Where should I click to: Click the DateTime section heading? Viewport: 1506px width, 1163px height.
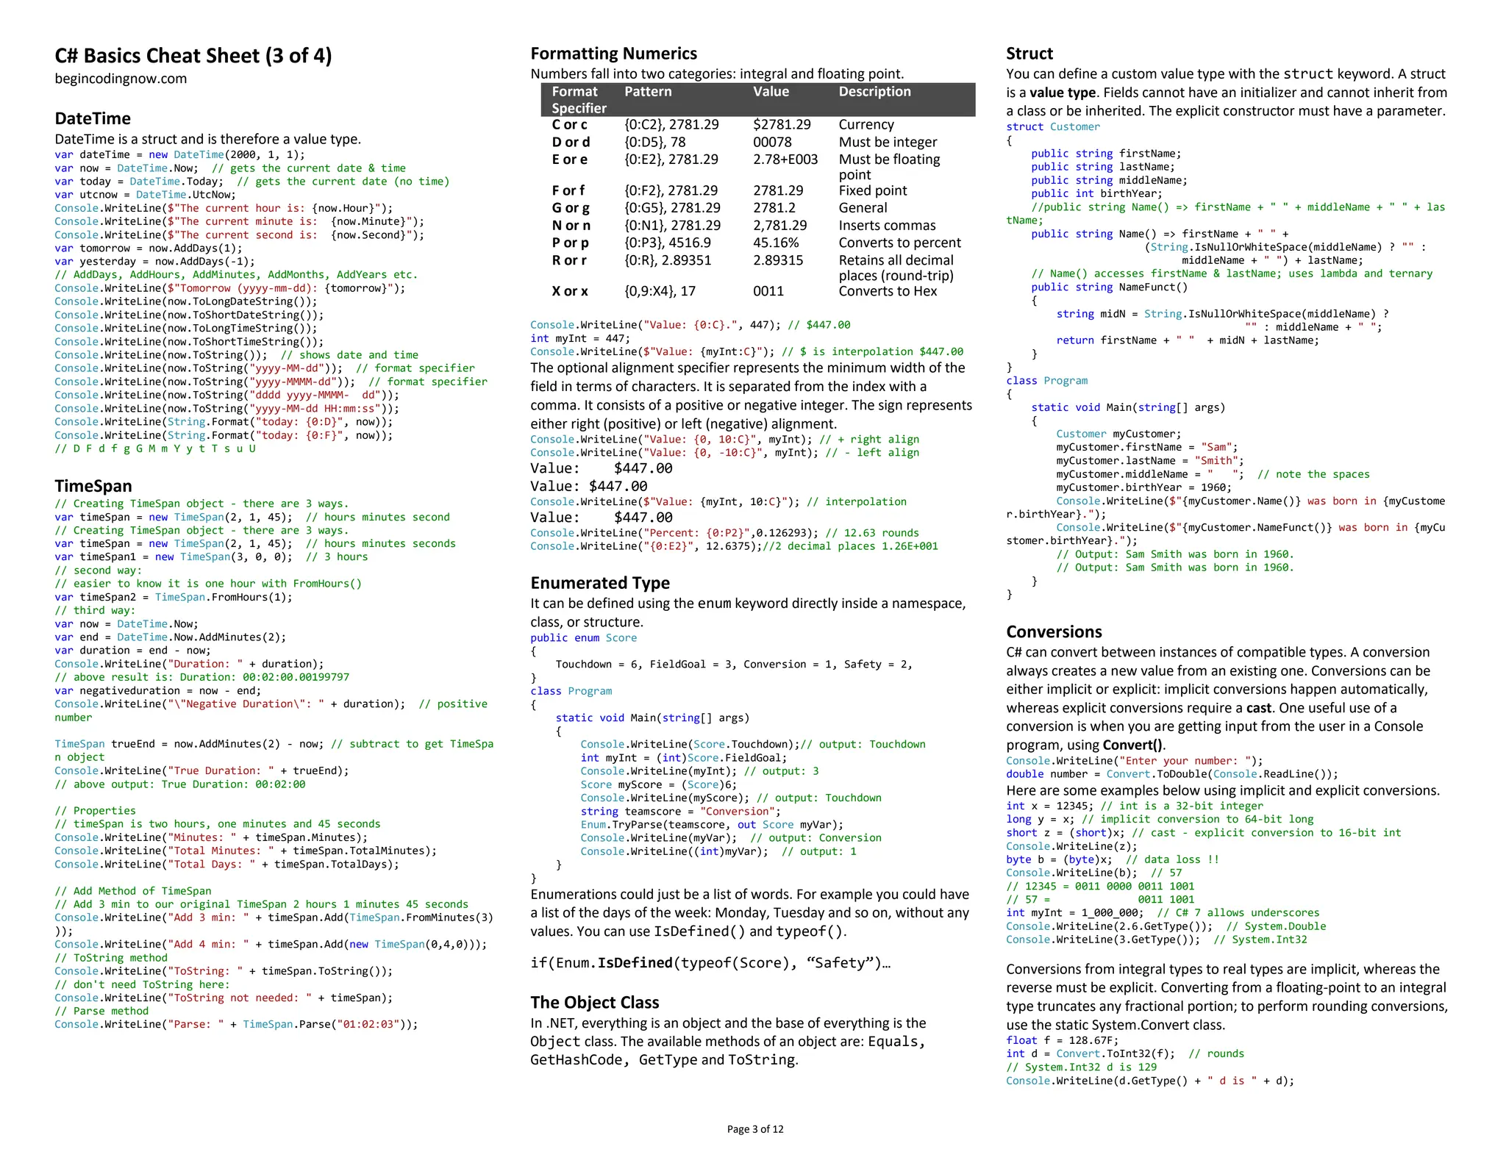point(93,118)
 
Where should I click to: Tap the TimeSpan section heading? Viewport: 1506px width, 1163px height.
point(93,486)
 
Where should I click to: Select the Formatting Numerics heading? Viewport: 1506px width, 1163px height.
point(613,54)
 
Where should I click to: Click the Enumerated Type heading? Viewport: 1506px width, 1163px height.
point(600,583)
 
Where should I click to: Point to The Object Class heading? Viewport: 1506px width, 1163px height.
point(594,1002)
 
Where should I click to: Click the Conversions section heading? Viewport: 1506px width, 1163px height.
point(1054,631)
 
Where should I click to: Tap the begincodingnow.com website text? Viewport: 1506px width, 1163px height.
point(121,79)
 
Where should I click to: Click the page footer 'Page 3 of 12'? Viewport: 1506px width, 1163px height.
point(754,1129)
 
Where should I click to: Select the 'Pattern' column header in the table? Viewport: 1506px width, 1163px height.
point(648,92)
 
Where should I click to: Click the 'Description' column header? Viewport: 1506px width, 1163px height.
point(874,92)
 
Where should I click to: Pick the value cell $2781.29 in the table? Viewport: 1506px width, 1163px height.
point(782,125)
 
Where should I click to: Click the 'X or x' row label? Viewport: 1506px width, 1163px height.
point(570,291)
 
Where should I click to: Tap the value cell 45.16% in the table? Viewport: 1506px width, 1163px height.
point(776,243)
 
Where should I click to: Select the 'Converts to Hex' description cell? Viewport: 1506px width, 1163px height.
point(888,291)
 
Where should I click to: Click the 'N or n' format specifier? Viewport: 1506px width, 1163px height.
point(571,226)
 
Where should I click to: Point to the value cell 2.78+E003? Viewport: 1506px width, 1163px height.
point(785,160)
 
